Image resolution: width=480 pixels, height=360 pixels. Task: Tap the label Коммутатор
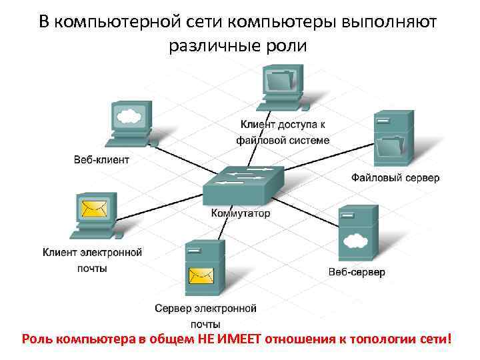click(241, 213)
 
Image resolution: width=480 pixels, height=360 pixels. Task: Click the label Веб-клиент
click(101, 159)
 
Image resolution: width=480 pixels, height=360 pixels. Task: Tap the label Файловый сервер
click(395, 177)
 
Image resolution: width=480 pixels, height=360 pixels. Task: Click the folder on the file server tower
click(391, 147)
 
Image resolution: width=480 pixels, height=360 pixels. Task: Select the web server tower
click(357, 233)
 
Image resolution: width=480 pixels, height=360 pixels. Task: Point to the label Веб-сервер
click(357, 273)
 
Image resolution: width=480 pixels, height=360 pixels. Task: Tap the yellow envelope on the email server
click(201, 275)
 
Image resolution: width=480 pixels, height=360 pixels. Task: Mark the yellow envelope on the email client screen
click(93, 209)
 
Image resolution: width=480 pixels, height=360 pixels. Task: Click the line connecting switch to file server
click(327, 160)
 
